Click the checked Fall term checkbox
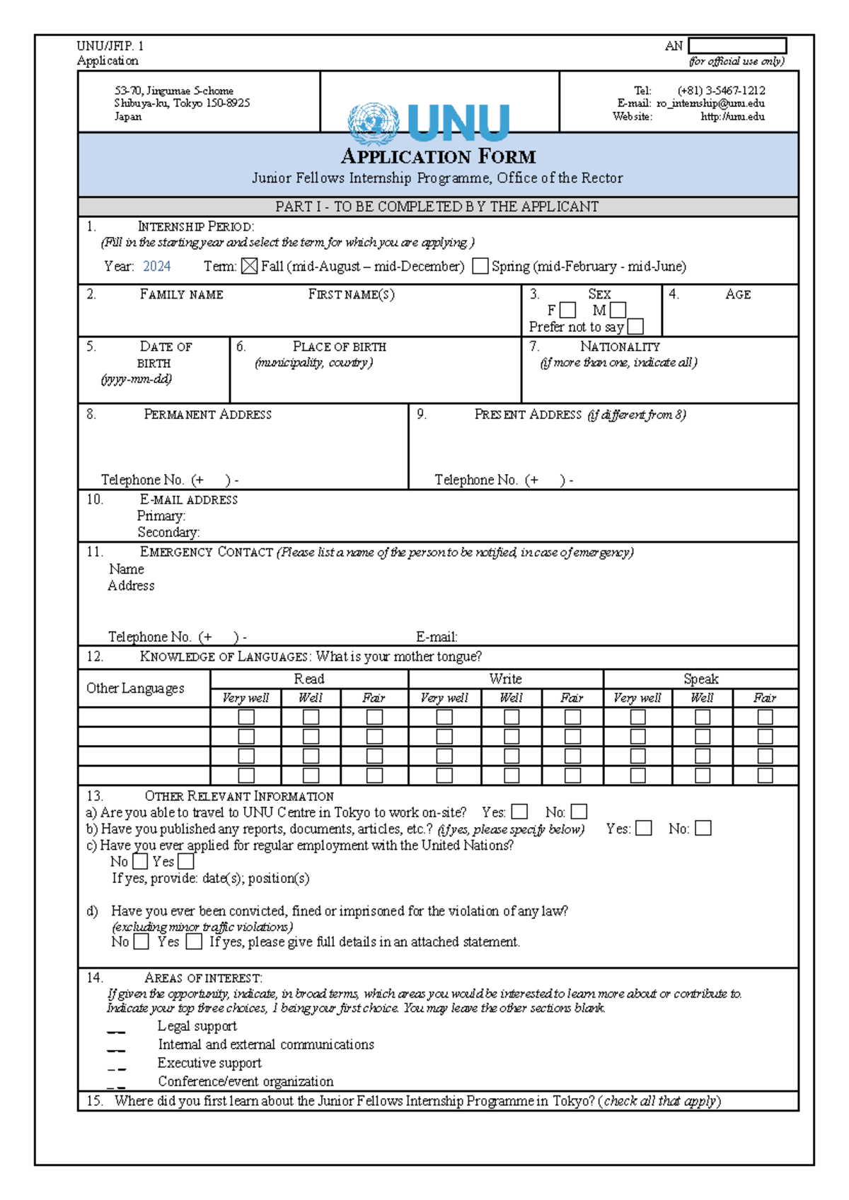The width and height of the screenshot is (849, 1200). pyautogui.click(x=249, y=266)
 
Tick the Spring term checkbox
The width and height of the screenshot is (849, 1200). pyautogui.click(x=480, y=266)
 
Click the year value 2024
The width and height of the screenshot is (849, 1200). pyautogui.click(x=156, y=266)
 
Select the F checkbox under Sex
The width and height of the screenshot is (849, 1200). pyautogui.click(x=567, y=310)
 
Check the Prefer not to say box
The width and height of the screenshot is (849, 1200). pyautogui.click(x=635, y=326)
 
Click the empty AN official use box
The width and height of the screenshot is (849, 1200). pyautogui.click(x=737, y=46)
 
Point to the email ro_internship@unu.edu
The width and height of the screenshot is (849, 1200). pyautogui.click(x=710, y=103)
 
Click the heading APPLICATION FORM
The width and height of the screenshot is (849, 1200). pyautogui.click(x=438, y=156)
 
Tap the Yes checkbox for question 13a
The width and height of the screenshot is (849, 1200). pyautogui.click(x=519, y=812)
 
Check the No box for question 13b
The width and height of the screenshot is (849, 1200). pyautogui.click(x=703, y=828)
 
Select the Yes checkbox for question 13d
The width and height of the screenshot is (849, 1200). pyautogui.click(x=194, y=941)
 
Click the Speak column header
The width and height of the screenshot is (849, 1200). pyautogui.click(x=700, y=679)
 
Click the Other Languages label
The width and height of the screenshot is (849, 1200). pyautogui.click(x=135, y=688)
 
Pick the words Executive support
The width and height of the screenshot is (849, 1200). pyautogui.click(x=209, y=1063)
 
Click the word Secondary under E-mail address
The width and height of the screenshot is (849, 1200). pyautogui.click(x=168, y=532)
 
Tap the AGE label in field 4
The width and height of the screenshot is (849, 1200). pyautogui.click(x=737, y=294)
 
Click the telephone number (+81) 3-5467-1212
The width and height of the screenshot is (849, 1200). pyautogui.click(x=721, y=91)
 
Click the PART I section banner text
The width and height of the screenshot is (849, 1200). pyautogui.click(x=437, y=207)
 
